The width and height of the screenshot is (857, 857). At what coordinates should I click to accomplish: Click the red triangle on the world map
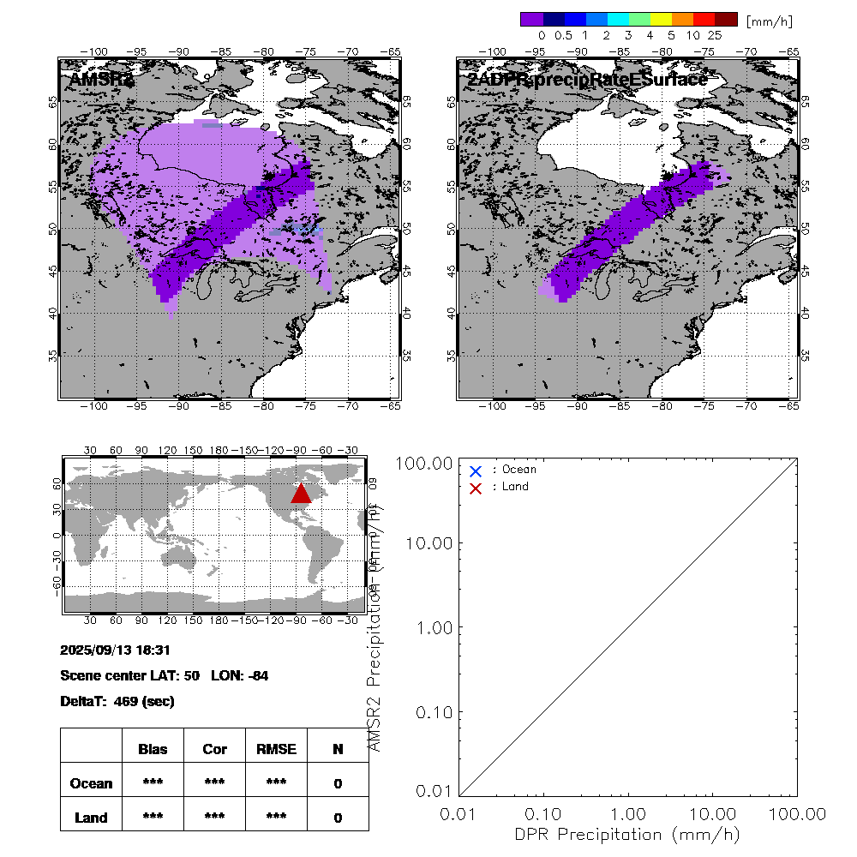[x=301, y=493]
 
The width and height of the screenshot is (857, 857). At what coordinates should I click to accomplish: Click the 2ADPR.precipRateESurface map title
[x=587, y=80]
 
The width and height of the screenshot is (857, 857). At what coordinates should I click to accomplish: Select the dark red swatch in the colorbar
[x=726, y=19]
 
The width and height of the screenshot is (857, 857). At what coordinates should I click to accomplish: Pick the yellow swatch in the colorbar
[x=662, y=19]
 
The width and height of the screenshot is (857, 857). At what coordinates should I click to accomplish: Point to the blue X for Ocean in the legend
[x=476, y=470]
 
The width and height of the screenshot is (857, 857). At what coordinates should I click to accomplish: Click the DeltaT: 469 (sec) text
[x=117, y=701]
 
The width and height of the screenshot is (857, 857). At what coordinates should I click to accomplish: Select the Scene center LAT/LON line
[x=165, y=675]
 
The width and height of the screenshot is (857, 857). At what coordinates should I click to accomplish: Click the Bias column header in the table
[x=153, y=749]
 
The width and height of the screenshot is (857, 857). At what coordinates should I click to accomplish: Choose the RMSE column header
[x=276, y=749]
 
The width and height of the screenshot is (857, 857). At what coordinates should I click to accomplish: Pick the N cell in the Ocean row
[x=338, y=783]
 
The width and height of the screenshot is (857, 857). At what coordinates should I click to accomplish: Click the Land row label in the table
[x=91, y=818]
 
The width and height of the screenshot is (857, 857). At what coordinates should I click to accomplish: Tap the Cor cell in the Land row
[x=214, y=818]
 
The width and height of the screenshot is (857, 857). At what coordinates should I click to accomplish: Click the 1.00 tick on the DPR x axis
[x=628, y=813]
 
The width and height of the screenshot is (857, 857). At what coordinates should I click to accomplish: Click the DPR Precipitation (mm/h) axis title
[x=627, y=834]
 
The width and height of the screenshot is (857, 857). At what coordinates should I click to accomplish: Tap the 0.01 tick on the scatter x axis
[x=460, y=813]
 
